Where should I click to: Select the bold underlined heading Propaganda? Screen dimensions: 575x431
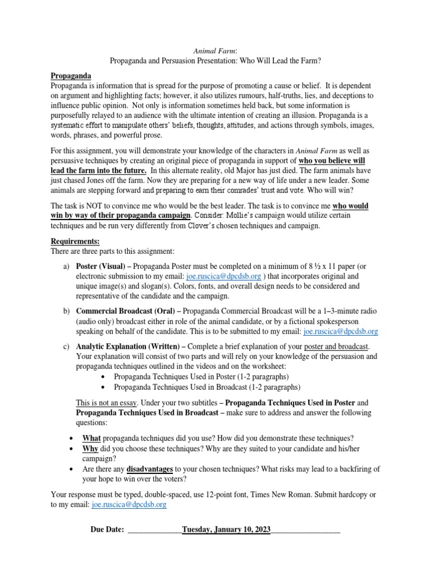click(x=71, y=75)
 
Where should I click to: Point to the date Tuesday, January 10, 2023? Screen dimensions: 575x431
click(x=226, y=529)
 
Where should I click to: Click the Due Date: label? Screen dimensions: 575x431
click(x=107, y=529)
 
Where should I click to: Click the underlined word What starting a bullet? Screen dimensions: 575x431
click(x=91, y=438)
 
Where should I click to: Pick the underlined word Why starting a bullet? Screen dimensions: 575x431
click(x=90, y=449)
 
